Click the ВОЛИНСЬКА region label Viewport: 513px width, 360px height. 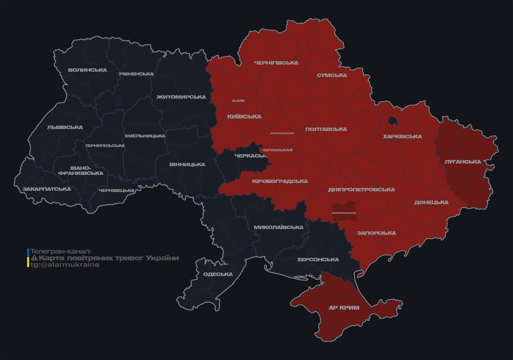87,70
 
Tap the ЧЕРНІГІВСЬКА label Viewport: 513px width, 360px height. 276,63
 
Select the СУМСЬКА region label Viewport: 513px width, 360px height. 332,75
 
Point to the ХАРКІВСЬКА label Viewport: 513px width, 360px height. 402,136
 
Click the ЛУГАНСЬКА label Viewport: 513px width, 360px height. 462,162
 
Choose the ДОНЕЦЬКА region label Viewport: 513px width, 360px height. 431,202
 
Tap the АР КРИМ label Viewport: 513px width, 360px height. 343,307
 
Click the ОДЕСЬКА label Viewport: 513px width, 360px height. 218,274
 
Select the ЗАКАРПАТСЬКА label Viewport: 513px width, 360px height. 46,189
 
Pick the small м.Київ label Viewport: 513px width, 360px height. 238,101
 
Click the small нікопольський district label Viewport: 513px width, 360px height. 343,213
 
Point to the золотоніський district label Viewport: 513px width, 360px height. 282,133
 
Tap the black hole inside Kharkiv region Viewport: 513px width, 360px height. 392,121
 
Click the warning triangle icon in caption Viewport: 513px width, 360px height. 34,258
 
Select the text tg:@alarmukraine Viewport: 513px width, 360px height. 65,264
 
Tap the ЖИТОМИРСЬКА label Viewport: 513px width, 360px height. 181,97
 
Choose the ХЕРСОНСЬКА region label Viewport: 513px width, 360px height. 317,260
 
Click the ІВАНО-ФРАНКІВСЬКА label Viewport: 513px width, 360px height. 80,170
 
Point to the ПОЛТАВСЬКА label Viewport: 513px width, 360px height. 326,129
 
